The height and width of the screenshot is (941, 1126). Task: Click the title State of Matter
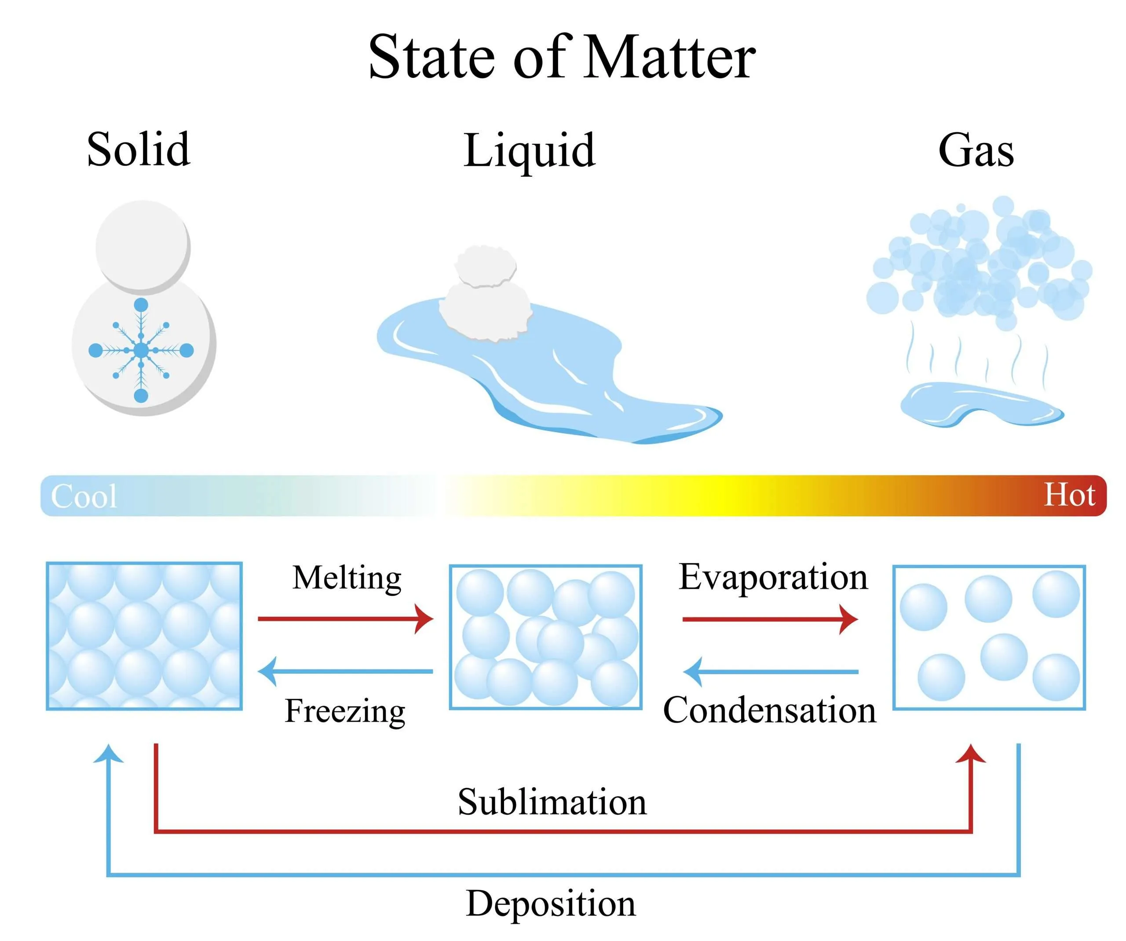pyautogui.click(x=562, y=57)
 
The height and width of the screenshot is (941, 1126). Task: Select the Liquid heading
pyautogui.click(x=529, y=151)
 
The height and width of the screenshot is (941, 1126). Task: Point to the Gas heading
pyautogui.click(x=976, y=150)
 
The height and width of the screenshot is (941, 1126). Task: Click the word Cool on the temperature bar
pyautogui.click(x=84, y=496)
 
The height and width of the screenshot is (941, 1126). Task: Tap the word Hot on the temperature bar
pyautogui.click(x=1069, y=494)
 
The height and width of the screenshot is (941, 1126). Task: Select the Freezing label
pyautogui.click(x=345, y=711)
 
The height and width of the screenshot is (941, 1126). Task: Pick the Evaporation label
pyautogui.click(x=773, y=578)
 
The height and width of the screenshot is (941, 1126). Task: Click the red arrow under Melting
pyautogui.click(x=345, y=619)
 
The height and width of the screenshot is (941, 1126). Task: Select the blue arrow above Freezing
pyautogui.click(x=345, y=671)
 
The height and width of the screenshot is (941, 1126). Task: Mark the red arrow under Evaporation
pyautogui.click(x=770, y=619)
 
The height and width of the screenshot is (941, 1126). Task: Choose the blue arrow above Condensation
pyautogui.click(x=770, y=671)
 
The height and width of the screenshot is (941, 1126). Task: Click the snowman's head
pyautogui.click(x=143, y=247)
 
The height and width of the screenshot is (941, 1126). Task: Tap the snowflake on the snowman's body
pyautogui.click(x=141, y=350)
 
